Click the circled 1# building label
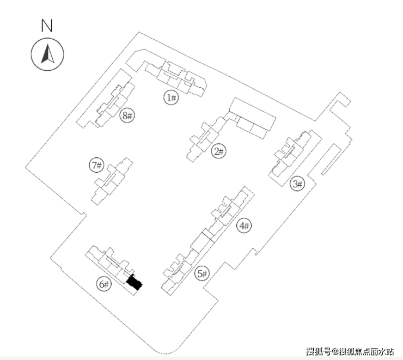(171, 97)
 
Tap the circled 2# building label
(218, 151)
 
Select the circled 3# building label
(297, 184)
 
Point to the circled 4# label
(244, 226)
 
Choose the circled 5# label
(201, 273)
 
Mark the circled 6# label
(104, 284)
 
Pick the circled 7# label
(96, 165)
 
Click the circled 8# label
(127, 115)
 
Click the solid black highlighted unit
(134, 283)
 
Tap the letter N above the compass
(47, 26)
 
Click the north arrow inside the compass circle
(47, 54)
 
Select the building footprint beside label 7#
(112, 181)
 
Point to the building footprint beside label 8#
(106, 99)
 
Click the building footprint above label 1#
(167, 73)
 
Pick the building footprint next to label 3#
(295, 158)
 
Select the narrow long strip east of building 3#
(331, 160)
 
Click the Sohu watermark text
(350, 351)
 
